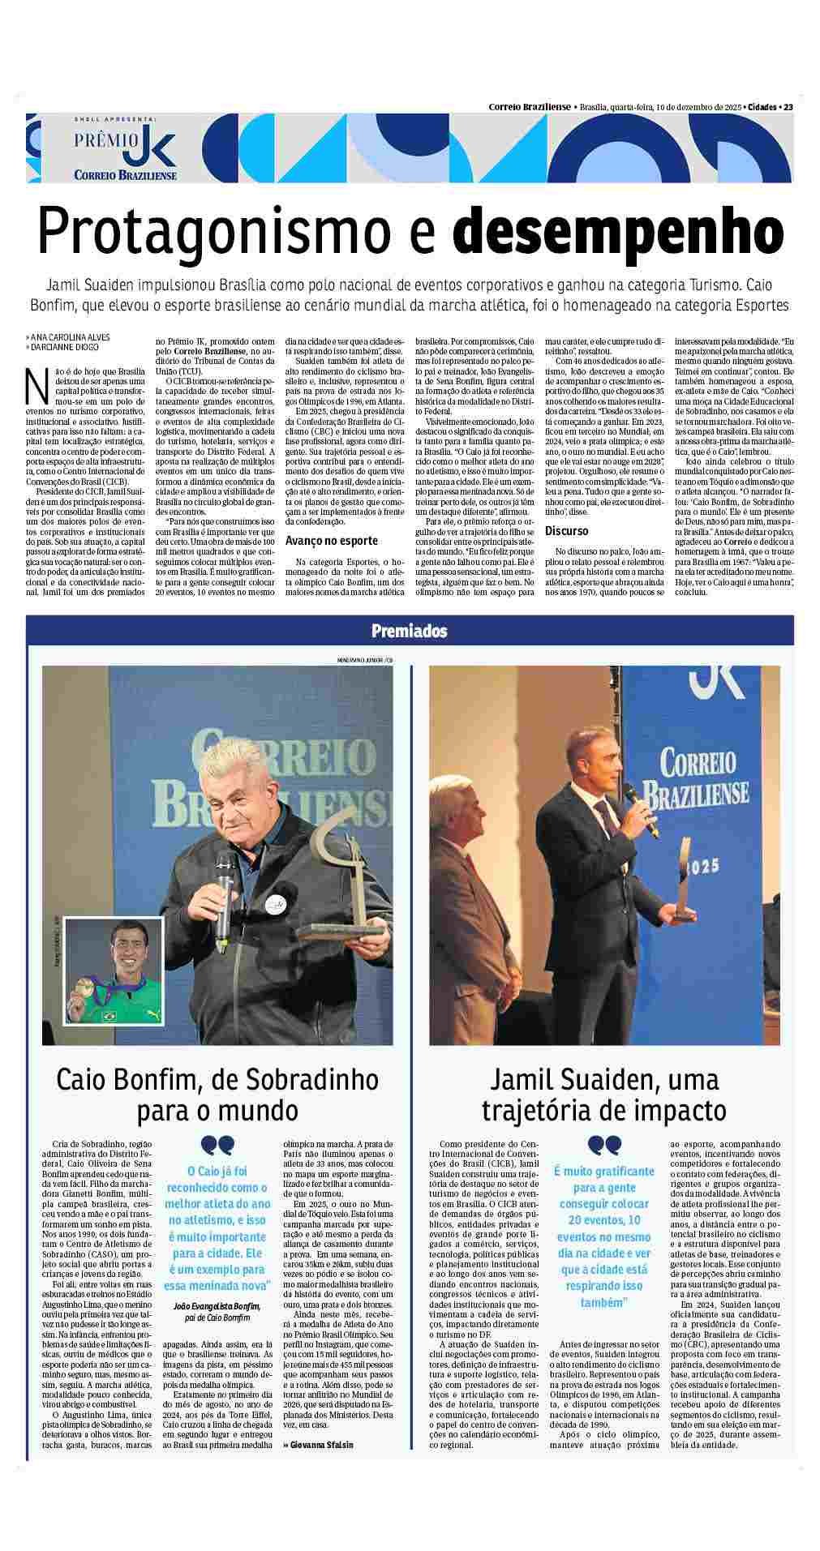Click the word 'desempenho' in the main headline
coord(618,232)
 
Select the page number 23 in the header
coord(788,106)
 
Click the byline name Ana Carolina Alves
coord(70,336)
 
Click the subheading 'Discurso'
coord(567,531)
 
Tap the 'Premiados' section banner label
coord(409,631)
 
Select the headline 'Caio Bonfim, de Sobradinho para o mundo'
coord(217,1094)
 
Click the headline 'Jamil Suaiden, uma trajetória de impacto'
coord(603,1094)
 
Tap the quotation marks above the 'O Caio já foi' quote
coord(217,1145)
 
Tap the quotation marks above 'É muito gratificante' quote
coord(603,1144)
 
